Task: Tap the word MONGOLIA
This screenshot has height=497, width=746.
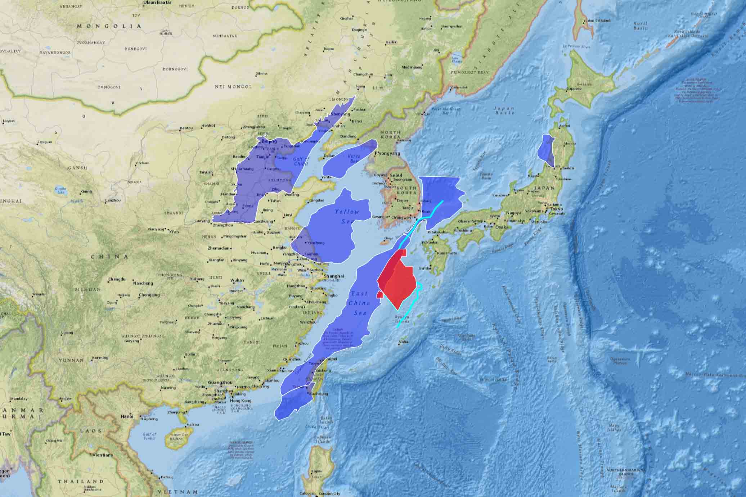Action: (109, 26)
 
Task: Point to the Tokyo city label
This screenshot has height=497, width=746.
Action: (556, 209)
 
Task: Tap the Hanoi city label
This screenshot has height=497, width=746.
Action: (127, 416)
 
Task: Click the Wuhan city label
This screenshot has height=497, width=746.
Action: (237, 280)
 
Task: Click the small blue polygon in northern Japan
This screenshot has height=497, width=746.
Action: (546, 150)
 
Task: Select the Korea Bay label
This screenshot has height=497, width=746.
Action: (354, 159)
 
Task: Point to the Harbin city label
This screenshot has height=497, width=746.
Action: (391, 42)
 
